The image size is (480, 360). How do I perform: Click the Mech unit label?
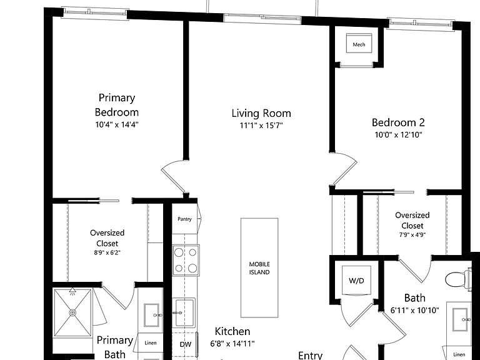click(x=359, y=45)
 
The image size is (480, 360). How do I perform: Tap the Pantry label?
click(x=184, y=219)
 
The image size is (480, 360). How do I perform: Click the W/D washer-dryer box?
click(x=356, y=281)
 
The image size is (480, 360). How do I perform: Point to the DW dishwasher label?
click(x=186, y=344)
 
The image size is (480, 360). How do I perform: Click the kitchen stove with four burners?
click(x=186, y=260)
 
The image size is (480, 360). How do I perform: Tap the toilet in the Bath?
click(x=458, y=279)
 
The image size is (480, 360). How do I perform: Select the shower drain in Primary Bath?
click(x=72, y=313)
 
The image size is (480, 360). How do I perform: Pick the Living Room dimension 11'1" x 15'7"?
click(x=261, y=126)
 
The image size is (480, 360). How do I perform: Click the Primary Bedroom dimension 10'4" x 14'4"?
click(x=117, y=124)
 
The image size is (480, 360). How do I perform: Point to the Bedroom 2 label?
click(x=398, y=122)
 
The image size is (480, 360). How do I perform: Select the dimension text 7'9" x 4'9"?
click(x=412, y=235)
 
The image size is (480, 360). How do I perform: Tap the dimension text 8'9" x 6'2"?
click(x=107, y=253)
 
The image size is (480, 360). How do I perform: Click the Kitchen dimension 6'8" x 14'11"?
click(x=232, y=344)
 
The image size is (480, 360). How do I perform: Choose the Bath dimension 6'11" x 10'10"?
click(x=415, y=311)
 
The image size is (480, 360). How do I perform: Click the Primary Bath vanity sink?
click(x=152, y=315)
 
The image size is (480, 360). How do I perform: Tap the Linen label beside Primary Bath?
click(x=150, y=343)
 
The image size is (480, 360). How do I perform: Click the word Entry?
click(x=311, y=356)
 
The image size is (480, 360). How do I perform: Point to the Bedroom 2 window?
click(x=420, y=24)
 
